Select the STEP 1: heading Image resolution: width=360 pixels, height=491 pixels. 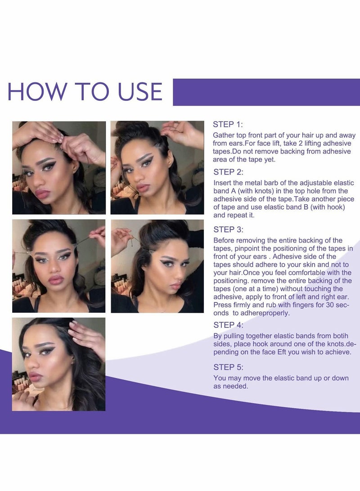point(228,124)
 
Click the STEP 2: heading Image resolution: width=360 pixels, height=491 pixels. point(228,172)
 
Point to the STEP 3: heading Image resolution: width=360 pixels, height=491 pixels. point(228,230)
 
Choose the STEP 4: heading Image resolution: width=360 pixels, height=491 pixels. point(228,325)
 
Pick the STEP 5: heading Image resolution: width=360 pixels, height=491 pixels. point(228,367)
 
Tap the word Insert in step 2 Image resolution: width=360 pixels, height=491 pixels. point(222,183)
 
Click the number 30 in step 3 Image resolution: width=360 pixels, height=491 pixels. point(330,305)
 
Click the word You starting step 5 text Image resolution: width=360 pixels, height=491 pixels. point(220,378)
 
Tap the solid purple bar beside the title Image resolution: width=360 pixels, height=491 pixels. point(266,92)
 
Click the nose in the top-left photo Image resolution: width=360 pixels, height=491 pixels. point(37,179)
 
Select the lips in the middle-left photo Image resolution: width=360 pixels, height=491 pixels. point(56,279)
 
